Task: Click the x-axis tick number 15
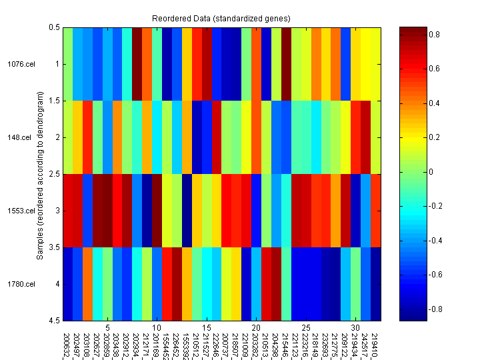click(207, 328)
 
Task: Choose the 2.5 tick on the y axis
click(53, 174)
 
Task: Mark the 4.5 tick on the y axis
click(53, 321)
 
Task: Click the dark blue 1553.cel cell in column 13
click(187, 211)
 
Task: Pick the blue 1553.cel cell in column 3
click(87, 211)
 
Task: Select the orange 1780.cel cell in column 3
click(87, 284)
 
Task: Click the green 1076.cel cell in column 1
click(67, 64)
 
